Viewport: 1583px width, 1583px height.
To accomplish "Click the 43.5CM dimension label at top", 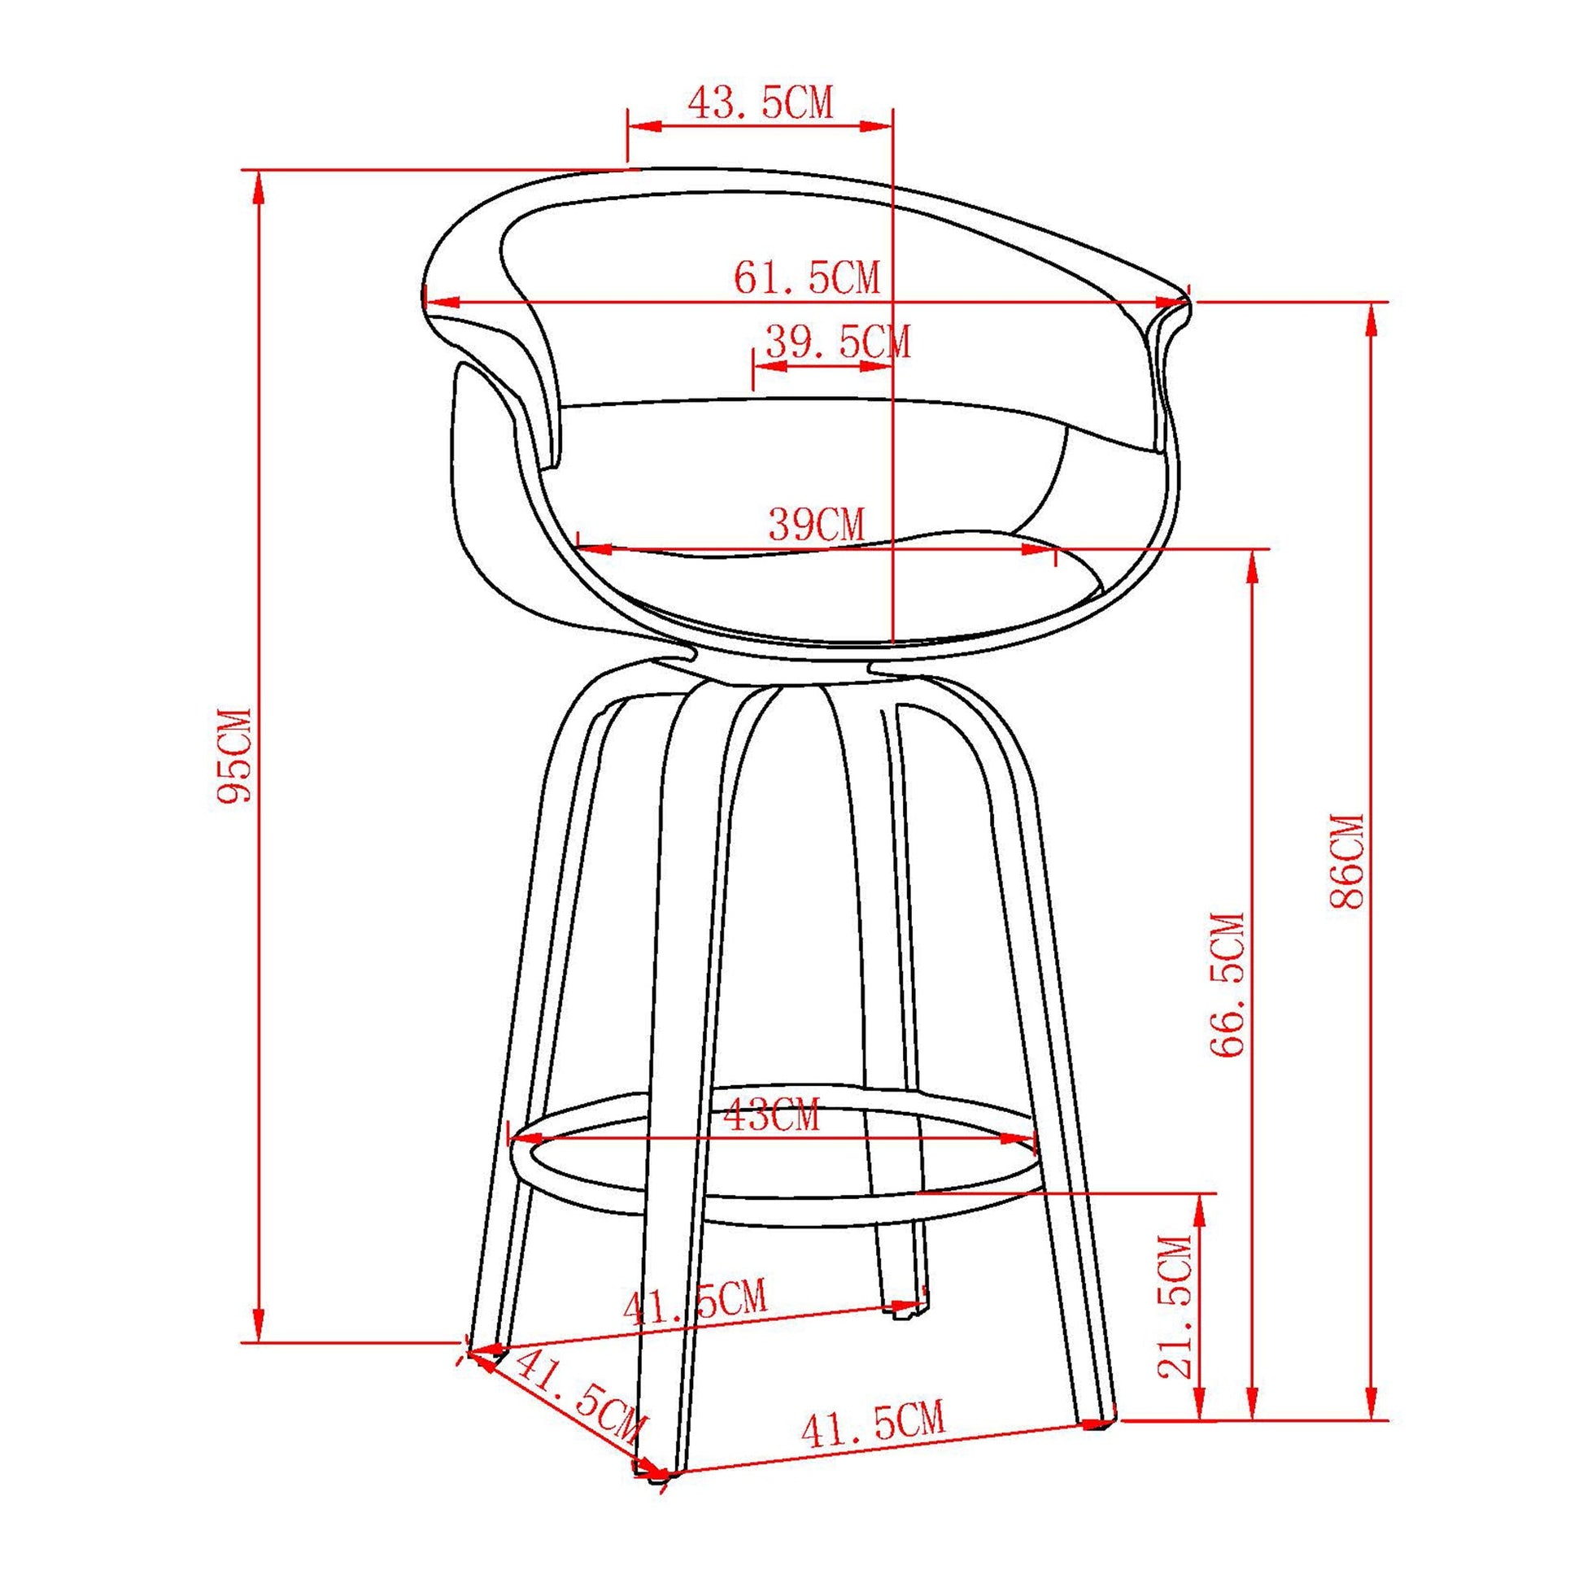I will tap(760, 104).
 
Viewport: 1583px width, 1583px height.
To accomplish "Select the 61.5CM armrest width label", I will tap(806, 278).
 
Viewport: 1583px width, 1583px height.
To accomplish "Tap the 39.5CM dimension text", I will tap(836, 342).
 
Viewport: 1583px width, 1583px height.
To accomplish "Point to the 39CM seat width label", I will tap(816, 525).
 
